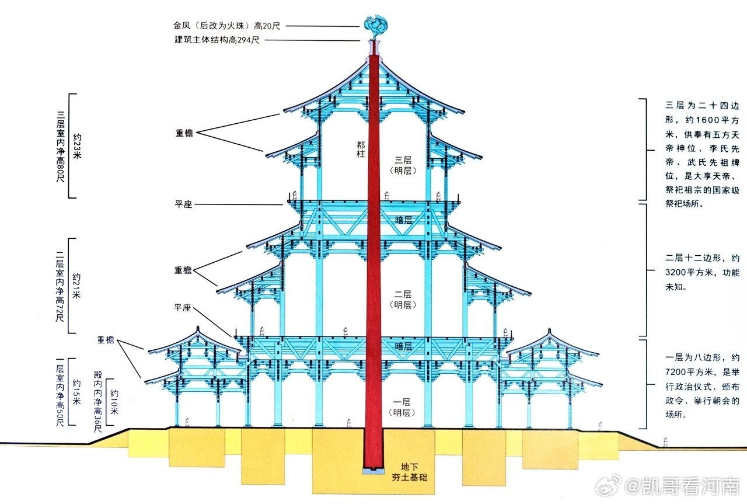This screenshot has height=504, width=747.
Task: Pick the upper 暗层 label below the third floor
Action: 404,220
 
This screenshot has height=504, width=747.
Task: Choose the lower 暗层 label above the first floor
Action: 404,346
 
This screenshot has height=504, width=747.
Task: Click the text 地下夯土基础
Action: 409,472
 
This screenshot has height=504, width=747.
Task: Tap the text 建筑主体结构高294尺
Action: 217,40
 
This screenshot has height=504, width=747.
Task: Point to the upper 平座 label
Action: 184,204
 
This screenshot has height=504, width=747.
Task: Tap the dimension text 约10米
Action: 114,402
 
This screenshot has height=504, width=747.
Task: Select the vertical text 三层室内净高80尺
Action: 61,146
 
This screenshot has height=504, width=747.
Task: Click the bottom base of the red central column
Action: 373,468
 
